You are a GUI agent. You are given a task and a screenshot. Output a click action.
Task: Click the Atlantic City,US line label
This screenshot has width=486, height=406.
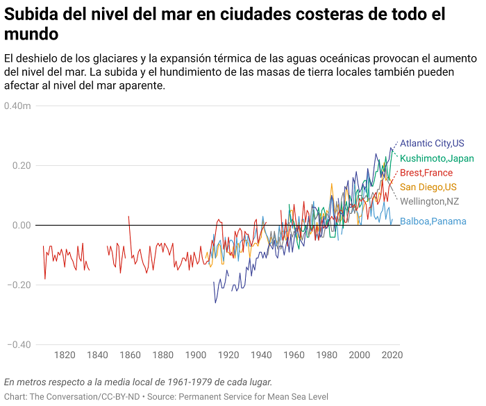pyautogui.click(x=432, y=144)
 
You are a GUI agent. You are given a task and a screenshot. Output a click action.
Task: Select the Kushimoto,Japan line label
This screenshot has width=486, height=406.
pyautogui.click(x=437, y=158)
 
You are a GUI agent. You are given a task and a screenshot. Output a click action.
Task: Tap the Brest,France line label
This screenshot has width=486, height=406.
pyautogui.click(x=426, y=173)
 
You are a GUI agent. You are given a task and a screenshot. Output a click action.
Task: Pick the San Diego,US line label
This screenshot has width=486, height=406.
pyautogui.click(x=428, y=187)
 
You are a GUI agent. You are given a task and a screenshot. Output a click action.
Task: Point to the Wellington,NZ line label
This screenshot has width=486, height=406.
pyautogui.click(x=430, y=201)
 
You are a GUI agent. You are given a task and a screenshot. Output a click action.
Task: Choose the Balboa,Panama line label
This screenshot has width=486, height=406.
pyautogui.click(x=433, y=221)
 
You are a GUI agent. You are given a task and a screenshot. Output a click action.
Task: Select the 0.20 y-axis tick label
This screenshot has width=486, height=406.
pyautogui.click(x=20, y=166)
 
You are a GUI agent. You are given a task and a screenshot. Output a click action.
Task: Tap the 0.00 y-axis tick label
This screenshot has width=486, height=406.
pyautogui.click(x=20, y=226)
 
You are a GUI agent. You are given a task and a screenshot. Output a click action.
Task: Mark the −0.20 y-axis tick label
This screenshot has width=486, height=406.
pyautogui.click(x=19, y=285)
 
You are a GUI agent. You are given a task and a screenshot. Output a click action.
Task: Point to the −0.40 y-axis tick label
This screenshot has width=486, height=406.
pyautogui.click(x=19, y=345)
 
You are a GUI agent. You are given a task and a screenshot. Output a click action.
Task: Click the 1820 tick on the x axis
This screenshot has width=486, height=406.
pyautogui.click(x=65, y=355)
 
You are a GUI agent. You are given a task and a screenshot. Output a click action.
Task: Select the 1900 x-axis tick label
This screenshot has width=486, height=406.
pyautogui.click(x=196, y=355)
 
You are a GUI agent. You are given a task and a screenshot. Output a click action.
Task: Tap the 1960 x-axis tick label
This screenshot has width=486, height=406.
pyautogui.click(x=294, y=355)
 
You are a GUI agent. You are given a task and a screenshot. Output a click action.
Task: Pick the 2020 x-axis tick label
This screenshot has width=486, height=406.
pyautogui.click(x=392, y=355)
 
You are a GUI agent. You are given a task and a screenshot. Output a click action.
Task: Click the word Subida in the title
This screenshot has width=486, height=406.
pyautogui.click(x=28, y=15)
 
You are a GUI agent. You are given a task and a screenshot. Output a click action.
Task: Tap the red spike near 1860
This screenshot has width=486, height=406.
pyautogui.click(x=129, y=218)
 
